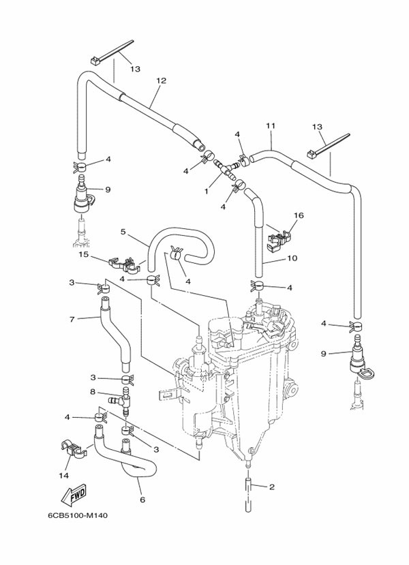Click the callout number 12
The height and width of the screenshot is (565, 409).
(161, 80)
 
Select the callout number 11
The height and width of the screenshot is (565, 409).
(270, 126)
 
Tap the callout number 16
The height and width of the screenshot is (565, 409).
(298, 215)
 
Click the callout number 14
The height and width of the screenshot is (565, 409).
(65, 475)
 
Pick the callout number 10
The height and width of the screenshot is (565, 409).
(273, 258)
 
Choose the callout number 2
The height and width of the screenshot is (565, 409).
(271, 487)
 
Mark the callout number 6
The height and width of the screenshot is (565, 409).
(142, 499)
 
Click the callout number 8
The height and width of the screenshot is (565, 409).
(93, 391)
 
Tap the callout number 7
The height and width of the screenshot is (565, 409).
(71, 318)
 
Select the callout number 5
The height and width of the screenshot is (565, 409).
(123, 232)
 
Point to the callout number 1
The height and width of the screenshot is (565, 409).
(206, 192)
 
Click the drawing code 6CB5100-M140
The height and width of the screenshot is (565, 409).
(78, 515)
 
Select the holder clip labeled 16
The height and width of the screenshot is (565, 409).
(279, 236)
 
